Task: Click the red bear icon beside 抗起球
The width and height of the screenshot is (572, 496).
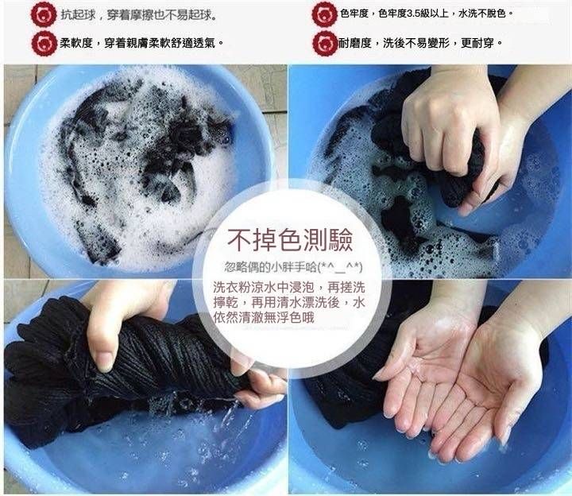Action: click(x=44, y=15)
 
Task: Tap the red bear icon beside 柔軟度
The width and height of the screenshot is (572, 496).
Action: click(x=44, y=44)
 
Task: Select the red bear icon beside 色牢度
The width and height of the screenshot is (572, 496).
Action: click(x=324, y=15)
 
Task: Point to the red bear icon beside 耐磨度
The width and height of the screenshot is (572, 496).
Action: click(x=324, y=44)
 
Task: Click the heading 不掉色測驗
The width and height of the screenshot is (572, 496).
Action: click(x=290, y=241)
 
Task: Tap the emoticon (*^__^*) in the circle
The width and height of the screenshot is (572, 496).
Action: click(x=340, y=268)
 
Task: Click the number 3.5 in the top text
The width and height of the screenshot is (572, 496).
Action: click(x=413, y=14)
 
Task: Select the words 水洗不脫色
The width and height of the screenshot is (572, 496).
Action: click(x=482, y=14)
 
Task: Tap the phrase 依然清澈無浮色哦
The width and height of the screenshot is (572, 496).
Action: click(x=264, y=317)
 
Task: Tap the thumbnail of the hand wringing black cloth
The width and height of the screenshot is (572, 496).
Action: click(x=145, y=387)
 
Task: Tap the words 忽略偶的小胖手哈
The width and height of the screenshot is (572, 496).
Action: click(x=270, y=268)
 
